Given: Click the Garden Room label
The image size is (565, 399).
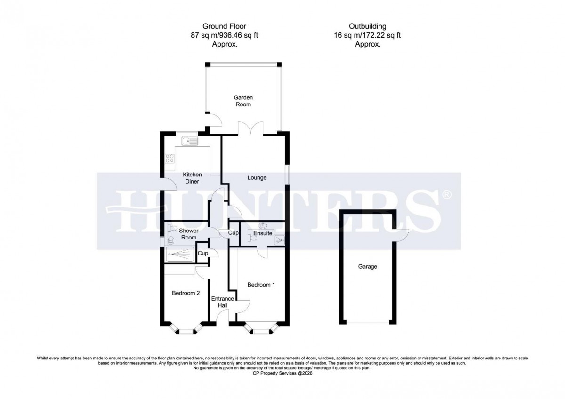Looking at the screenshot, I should pos(243,101).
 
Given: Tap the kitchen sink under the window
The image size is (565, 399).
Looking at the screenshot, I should pos(190,141).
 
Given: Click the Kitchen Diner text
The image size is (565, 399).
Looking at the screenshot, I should pos(192,178).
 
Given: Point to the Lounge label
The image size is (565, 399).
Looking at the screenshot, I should pos(257,178).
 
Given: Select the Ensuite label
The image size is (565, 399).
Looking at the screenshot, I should pos(262,233).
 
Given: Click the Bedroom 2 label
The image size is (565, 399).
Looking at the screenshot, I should pos(186,293).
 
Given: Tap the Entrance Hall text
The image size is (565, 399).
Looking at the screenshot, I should pos(222,302).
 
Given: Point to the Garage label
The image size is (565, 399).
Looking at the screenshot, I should pos(367,267).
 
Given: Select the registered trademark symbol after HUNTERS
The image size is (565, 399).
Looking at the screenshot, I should pos(447,194).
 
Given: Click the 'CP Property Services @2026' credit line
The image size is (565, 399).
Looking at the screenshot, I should pos(282,374).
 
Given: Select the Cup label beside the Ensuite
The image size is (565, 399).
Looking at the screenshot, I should pos(233,233).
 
